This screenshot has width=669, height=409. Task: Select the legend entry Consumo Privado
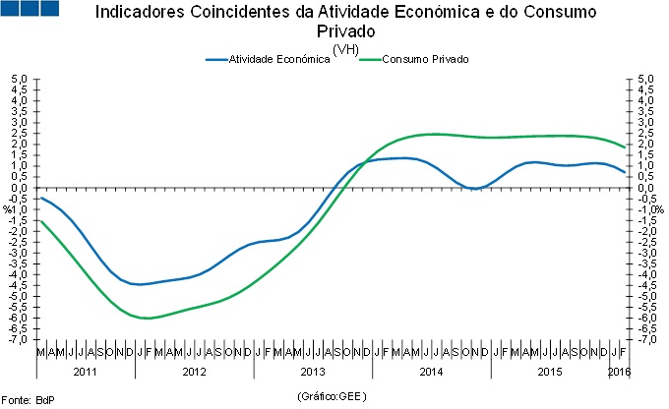[424, 60]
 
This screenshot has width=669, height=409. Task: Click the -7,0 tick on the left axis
[19, 340]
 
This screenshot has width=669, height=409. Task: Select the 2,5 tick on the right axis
[645, 133]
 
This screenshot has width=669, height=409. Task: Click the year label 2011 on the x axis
[86, 372]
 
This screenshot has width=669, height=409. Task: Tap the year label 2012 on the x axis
[194, 372]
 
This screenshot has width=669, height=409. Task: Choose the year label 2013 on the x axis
[313, 372]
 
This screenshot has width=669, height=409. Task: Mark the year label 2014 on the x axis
[431, 372]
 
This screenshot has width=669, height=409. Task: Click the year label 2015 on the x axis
[550, 372]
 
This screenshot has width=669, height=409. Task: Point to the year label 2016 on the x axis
[620, 372]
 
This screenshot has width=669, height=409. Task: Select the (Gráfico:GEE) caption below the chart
[332, 395]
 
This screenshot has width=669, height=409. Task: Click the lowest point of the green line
[146, 318]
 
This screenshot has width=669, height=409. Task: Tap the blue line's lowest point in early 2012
[140, 284]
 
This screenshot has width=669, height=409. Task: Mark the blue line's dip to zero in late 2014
[474, 188]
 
